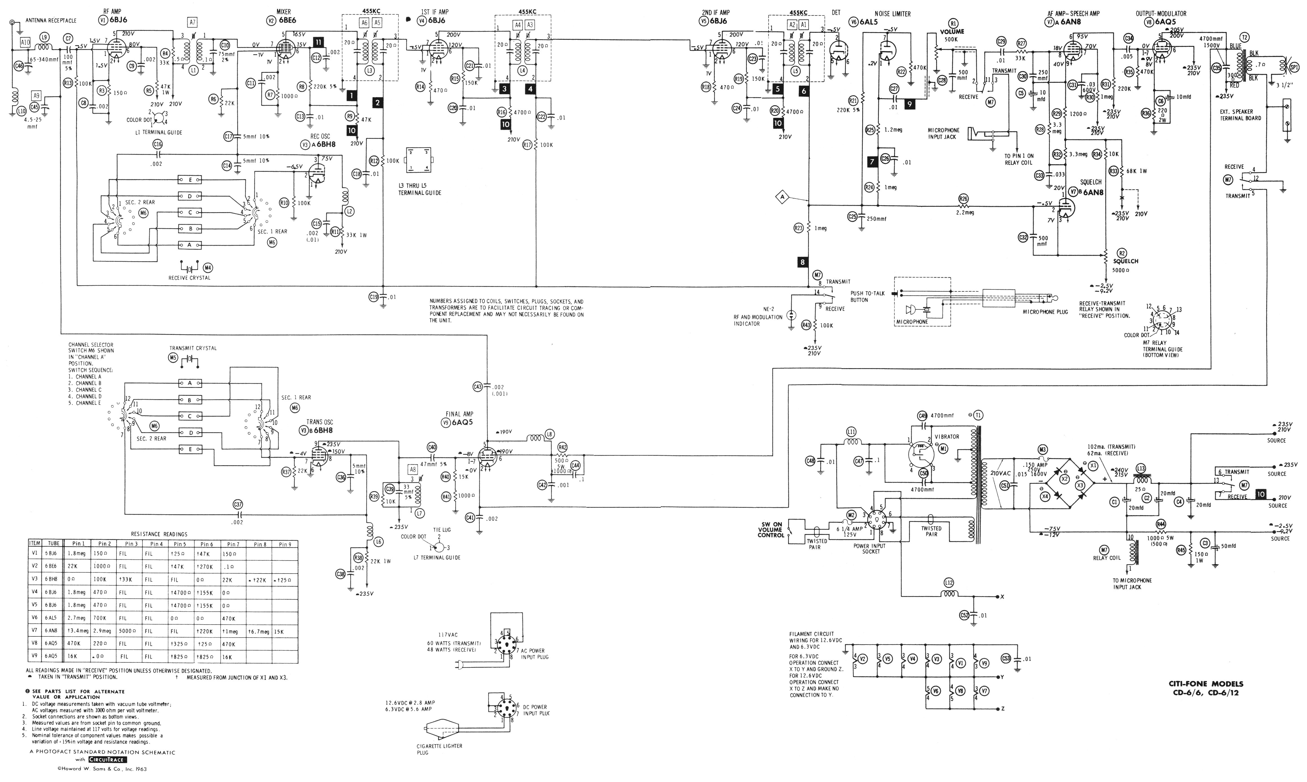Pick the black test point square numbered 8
[x=802, y=262]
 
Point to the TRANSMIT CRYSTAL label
[x=193, y=348]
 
